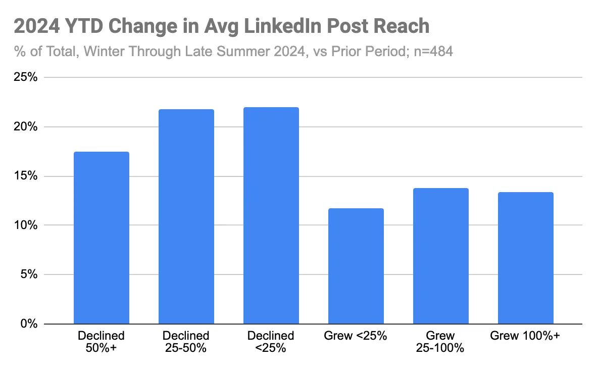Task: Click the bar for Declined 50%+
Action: point(102,238)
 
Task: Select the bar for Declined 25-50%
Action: point(186,216)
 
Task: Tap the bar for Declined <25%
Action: point(271,215)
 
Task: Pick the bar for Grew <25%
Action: point(356,266)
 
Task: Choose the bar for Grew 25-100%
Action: point(440,256)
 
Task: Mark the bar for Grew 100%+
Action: point(525,258)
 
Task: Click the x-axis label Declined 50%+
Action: point(102,342)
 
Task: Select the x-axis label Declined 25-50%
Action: point(186,342)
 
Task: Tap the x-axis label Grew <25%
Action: point(356,336)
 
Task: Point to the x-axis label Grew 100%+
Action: point(525,336)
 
